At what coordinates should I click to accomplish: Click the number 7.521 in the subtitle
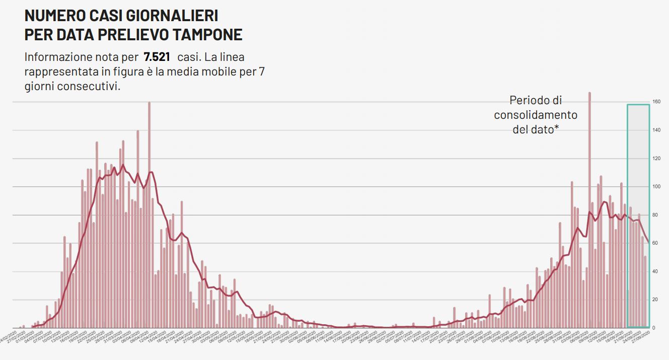click(x=157, y=56)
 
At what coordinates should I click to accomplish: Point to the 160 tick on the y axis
click(x=656, y=102)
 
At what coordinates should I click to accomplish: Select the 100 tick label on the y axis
click(x=656, y=187)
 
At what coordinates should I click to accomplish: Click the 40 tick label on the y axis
click(x=655, y=271)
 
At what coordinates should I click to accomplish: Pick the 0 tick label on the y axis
click(x=654, y=328)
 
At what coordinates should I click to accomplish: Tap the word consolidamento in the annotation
click(x=536, y=115)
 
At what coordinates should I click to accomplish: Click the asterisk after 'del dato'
click(x=557, y=128)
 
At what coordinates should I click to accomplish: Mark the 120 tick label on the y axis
click(x=656, y=159)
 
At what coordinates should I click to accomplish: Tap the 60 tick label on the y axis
click(x=655, y=243)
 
